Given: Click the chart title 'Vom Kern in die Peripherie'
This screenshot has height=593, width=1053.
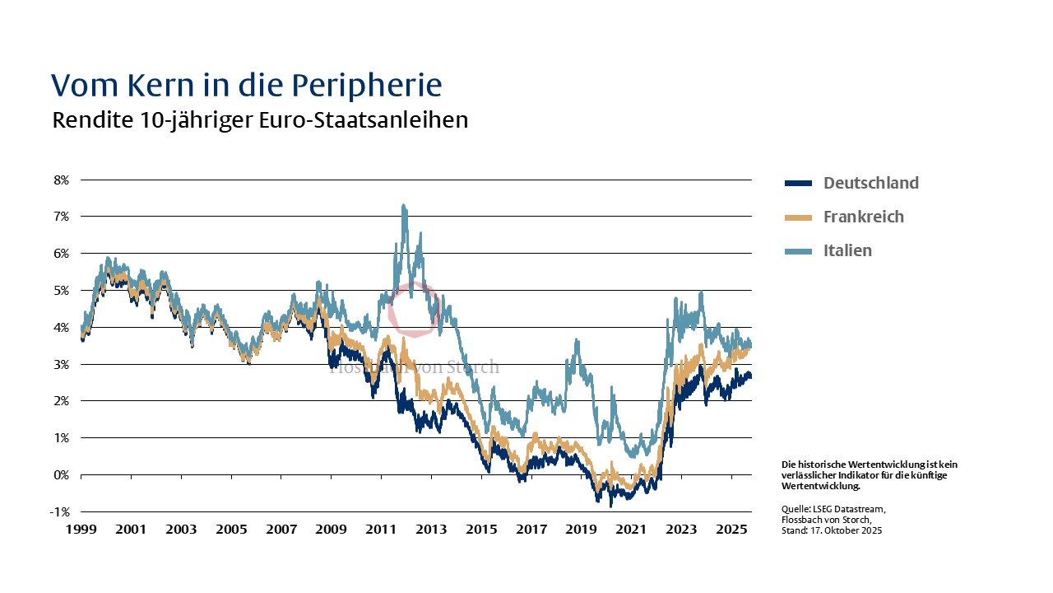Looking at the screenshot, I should (x=247, y=85).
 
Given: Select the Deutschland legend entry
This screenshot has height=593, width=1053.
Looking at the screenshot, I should (x=870, y=183).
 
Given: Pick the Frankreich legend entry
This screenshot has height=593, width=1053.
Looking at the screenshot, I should (x=863, y=217).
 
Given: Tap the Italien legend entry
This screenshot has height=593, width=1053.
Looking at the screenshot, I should (x=847, y=250).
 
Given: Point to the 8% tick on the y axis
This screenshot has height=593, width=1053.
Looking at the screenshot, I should (x=62, y=180).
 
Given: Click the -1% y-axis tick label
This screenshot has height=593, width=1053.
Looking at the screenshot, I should (x=60, y=511).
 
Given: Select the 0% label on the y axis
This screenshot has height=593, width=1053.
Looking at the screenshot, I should (x=62, y=474).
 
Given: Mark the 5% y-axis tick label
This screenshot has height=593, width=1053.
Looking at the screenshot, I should (x=62, y=290).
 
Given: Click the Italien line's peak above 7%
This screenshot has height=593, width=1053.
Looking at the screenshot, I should (x=403, y=206).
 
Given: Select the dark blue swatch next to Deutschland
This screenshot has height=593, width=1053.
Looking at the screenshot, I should (x=798, y=183).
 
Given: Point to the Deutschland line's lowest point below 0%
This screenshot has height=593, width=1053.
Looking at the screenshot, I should (x=610, y=505).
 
